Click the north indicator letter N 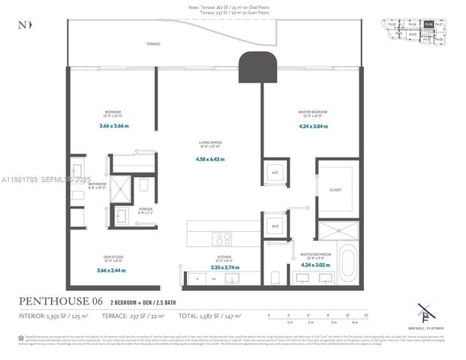coord(20,25)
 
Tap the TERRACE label coord(154,44)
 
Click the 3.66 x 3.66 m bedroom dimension coord(113,126)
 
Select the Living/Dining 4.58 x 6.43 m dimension coord(209,159)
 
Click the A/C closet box coord(274,172)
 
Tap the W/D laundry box coord(274,225)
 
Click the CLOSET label coord(335,190)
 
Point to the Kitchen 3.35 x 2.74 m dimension coord(224,267)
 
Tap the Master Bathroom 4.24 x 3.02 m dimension coord(314,264)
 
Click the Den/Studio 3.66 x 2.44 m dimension coord(111,270)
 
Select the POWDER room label coord(145,209)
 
